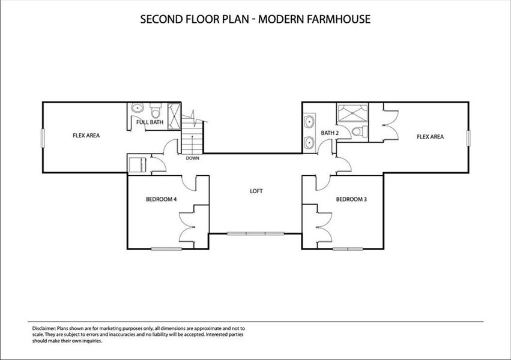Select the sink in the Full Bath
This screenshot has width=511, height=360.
click(138, 109)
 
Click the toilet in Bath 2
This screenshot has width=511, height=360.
click(358, 133)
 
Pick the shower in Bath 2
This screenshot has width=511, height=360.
click(349, 113)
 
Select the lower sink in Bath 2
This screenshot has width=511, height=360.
click(310, 143)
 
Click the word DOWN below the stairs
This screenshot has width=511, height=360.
click(193, 158)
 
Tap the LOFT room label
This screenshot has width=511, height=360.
click(256, 191)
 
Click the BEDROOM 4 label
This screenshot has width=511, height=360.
click(161, 199)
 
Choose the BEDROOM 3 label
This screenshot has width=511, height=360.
click(351, 199)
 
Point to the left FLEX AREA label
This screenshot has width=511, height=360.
click(86, 136)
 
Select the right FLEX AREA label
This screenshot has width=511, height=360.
click(430, 137)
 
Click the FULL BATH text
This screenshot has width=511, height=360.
click(150, 122)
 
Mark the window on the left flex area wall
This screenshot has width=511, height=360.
click(42, 137)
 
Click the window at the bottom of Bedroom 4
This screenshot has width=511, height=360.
click(166, 248)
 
